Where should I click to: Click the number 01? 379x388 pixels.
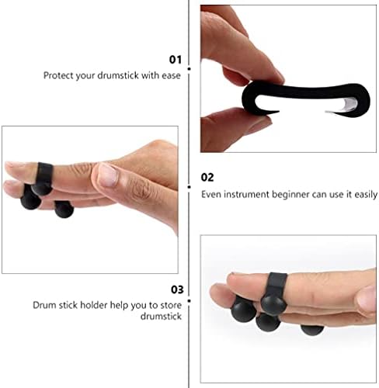(176, 60)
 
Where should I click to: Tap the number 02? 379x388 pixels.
(207, 178)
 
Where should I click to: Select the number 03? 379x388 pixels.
(177, 289)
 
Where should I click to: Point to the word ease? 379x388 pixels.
(171, 75)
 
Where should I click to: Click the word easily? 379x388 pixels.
(366, 195)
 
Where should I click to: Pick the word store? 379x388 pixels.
(171, 306)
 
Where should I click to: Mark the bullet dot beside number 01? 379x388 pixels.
(189, 69)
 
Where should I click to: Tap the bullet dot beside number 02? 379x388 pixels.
(189, 187)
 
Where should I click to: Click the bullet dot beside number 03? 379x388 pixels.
(189, 301)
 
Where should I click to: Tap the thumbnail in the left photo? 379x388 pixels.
(107, 175)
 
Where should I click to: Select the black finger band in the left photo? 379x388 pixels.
(45, 173)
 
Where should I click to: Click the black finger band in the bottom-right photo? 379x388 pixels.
(277, 284)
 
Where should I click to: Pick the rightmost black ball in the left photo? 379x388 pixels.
(64, 209)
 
